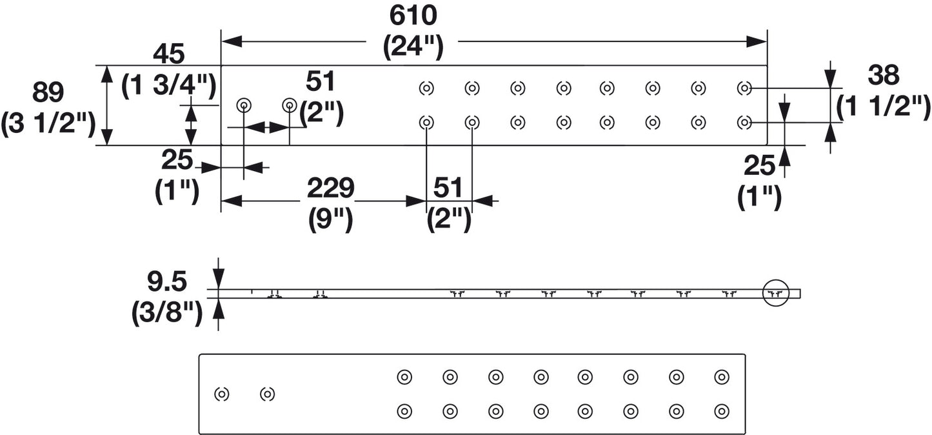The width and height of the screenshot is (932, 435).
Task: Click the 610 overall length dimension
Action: (413, 16)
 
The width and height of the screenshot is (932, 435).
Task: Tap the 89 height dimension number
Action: (48, 92)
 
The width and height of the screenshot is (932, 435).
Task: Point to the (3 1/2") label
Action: (48, 124)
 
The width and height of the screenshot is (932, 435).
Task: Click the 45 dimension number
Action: (168, 54)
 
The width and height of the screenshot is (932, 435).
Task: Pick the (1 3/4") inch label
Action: (169, 86)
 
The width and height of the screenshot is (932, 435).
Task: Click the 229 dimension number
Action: (330, 188)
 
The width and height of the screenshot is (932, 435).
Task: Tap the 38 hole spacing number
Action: (884, 76)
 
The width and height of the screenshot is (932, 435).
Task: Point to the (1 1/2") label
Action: (884, 107)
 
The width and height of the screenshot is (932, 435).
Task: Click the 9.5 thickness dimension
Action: (166, 281)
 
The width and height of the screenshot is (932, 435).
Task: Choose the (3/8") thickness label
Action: (167, 314)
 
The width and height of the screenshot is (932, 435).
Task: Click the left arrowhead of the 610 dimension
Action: (232, 41)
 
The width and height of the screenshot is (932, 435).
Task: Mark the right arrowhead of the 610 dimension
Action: (756, 41)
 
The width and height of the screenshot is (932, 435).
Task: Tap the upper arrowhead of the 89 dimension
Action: (107, 76)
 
